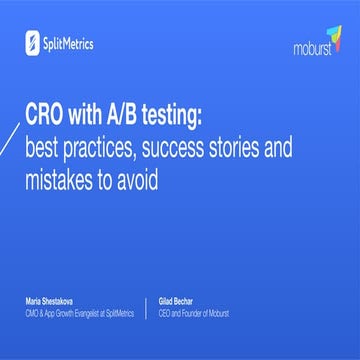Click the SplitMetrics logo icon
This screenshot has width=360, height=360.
coord(33,42)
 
